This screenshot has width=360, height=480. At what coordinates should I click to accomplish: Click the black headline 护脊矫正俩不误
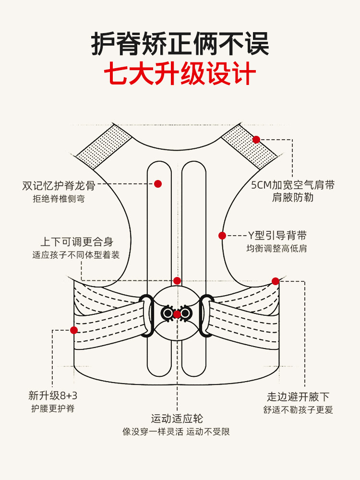[x=180, y=44]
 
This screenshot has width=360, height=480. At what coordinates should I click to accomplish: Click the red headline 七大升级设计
[x=180, y=75]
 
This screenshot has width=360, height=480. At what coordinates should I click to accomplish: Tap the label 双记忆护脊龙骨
[x=59, y=186]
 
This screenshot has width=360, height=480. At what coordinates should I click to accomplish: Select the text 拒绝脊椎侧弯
[x=59, y=199]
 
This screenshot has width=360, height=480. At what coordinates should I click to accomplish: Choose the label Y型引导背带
[x=277, y=236]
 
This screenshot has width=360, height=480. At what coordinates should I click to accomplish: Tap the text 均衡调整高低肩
[x=277, y=249]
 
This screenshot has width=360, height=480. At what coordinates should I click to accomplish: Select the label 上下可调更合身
[x=76, y=242]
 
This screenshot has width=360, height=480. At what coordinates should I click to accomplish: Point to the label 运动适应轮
[x=177, y=419]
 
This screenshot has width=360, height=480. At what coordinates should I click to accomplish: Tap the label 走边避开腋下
[x=298, y=397]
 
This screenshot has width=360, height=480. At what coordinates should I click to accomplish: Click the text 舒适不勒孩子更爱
[x=298, y=410]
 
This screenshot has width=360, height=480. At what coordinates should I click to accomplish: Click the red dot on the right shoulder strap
[x=256, y=140]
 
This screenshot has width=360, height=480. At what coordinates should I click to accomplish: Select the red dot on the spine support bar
[x=158, y=184]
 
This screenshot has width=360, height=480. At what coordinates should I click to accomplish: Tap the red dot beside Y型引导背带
[x=222, y=236]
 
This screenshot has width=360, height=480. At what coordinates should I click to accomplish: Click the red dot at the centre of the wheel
[x=177, y=314]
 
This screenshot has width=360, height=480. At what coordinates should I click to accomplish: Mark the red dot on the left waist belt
[x=74, y=330]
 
